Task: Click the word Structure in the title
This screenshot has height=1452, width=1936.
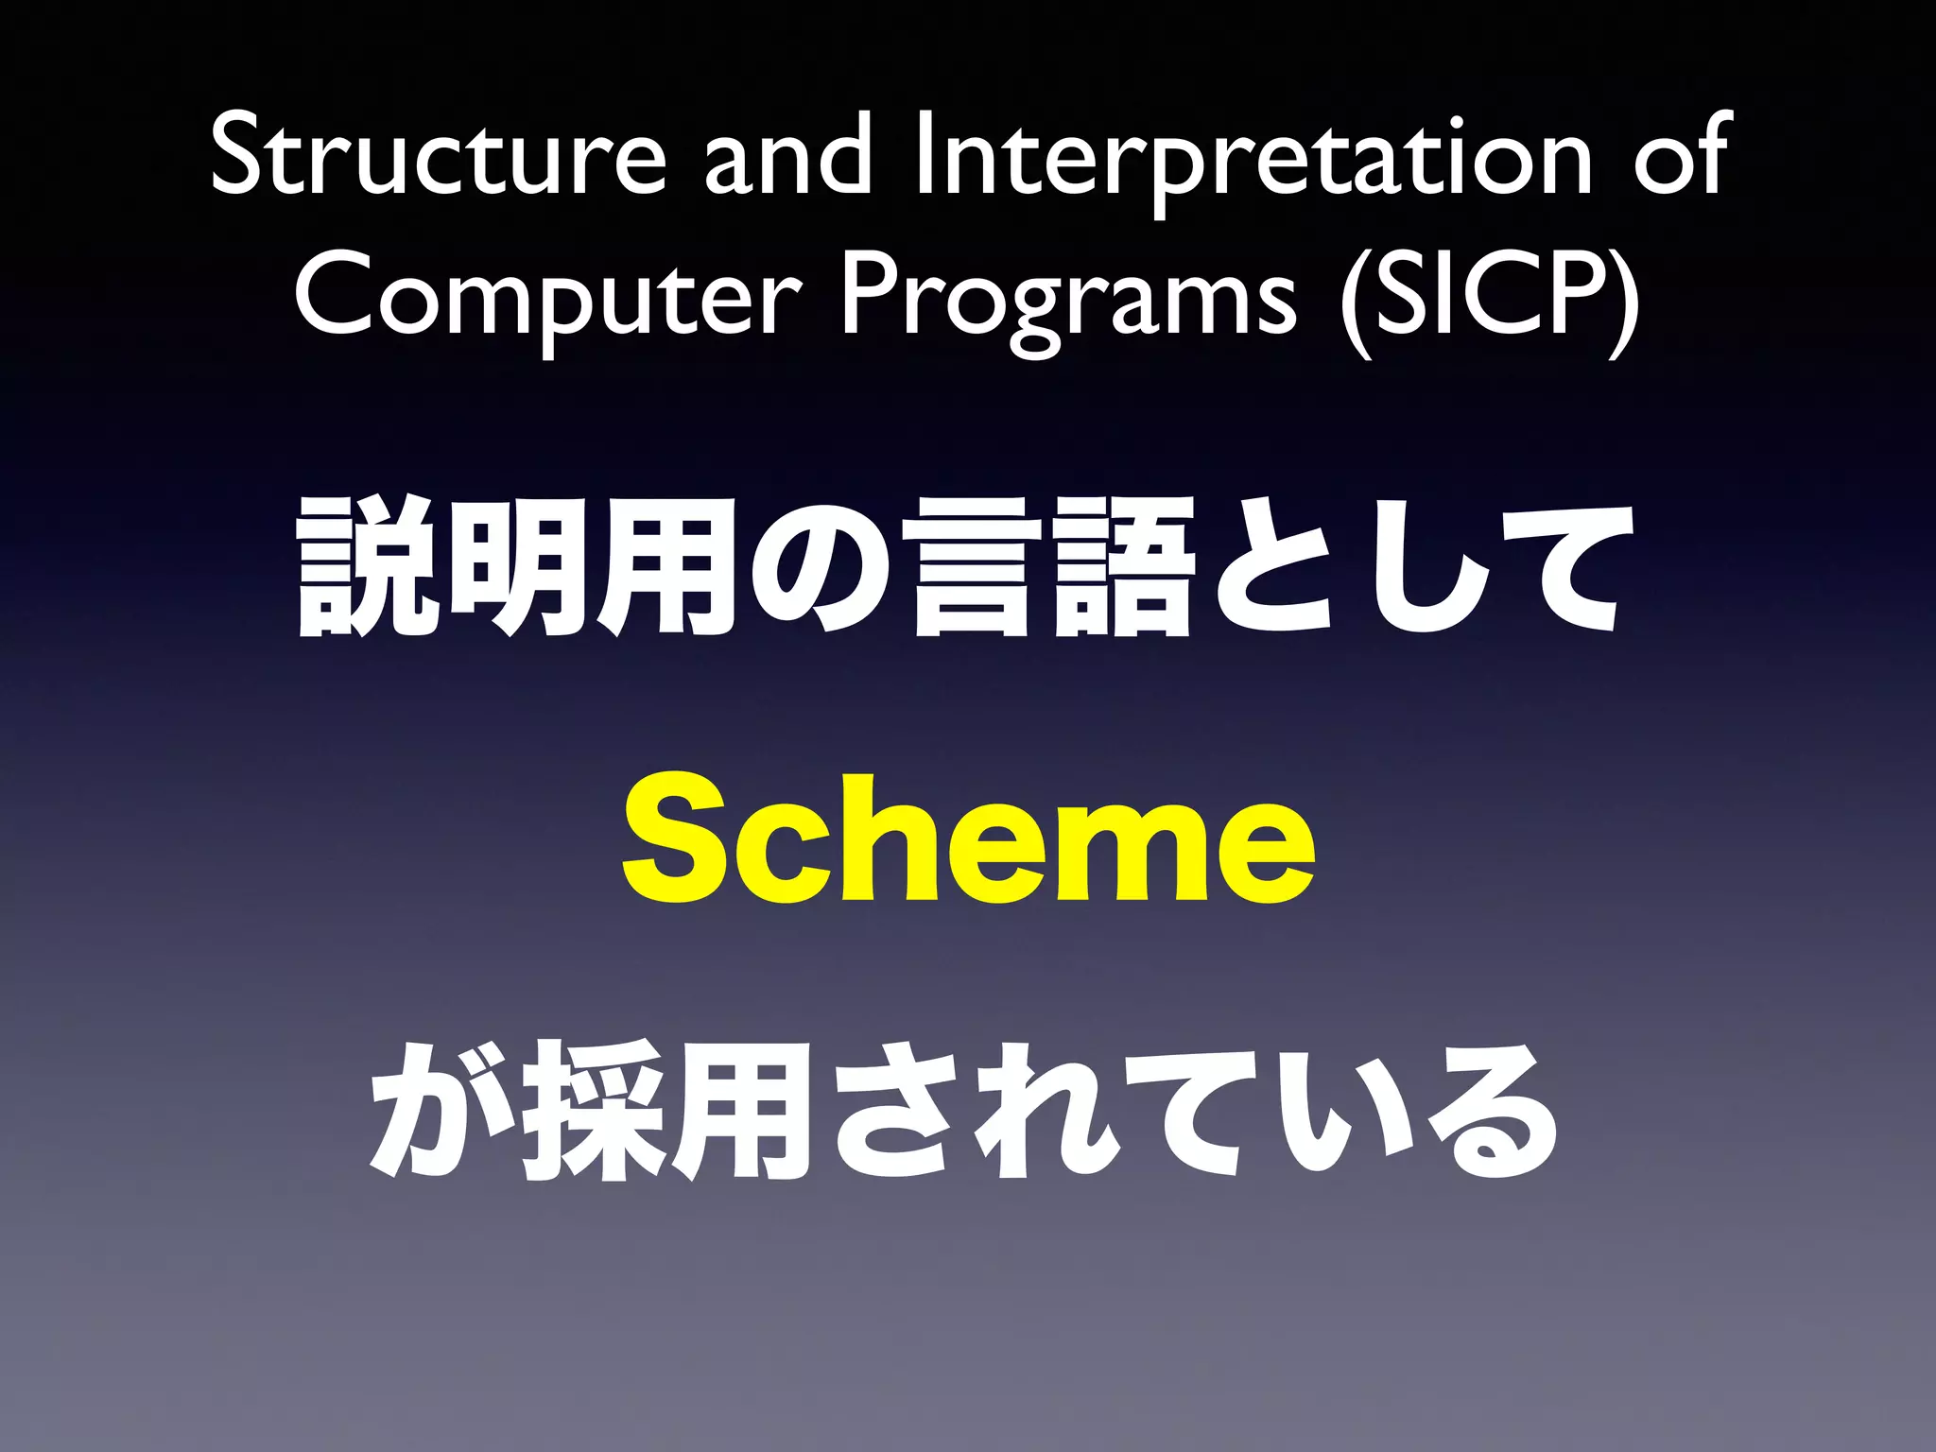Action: click(438, 156)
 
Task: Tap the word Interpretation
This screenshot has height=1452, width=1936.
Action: click(1253, 156)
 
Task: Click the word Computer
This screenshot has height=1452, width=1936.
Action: click(548, 298)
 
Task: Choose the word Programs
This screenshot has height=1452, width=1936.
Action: click(1069, 298)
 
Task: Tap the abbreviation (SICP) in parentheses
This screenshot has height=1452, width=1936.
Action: click(1490, 298)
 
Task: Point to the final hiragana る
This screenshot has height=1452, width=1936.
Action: click(1494, 1111)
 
